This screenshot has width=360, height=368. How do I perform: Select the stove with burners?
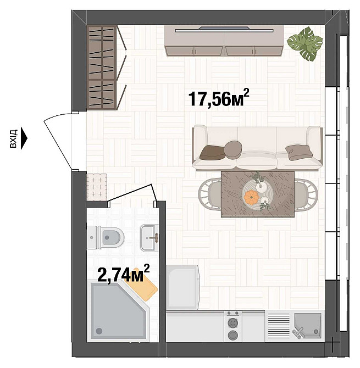point(233,326)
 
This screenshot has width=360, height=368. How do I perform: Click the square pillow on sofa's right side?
point(299,151)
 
